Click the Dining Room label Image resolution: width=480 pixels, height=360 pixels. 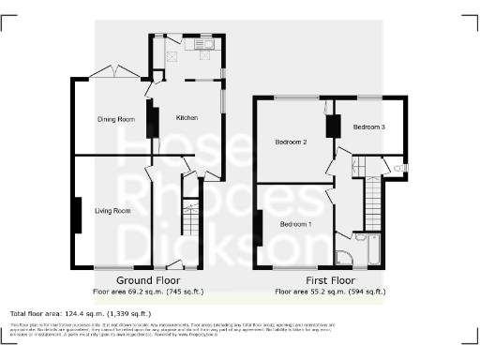coord(117,120)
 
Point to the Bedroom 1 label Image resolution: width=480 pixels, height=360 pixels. coord(296,224)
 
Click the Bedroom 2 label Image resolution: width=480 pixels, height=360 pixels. coord(292,142)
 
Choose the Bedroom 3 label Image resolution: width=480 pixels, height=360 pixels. coord(369,127)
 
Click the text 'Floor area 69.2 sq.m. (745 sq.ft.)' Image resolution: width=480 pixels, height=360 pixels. coord(147,292)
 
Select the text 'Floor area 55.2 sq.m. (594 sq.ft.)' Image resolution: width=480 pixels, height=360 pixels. coord(330,292)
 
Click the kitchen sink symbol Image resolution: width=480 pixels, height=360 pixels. coord(203,43)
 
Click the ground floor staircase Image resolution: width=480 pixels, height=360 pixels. coord(190,220)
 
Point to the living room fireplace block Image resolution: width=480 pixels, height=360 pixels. coord(78,216)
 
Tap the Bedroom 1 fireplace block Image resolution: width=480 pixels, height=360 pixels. coord(259,228)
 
